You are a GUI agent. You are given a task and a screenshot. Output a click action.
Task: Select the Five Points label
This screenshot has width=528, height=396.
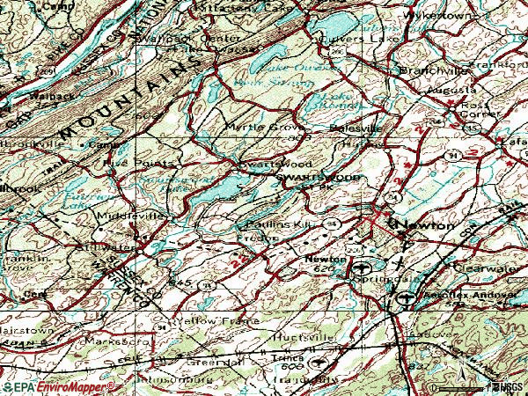click(128, 163)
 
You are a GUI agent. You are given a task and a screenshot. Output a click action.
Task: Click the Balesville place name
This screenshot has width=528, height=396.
click(353, 128)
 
